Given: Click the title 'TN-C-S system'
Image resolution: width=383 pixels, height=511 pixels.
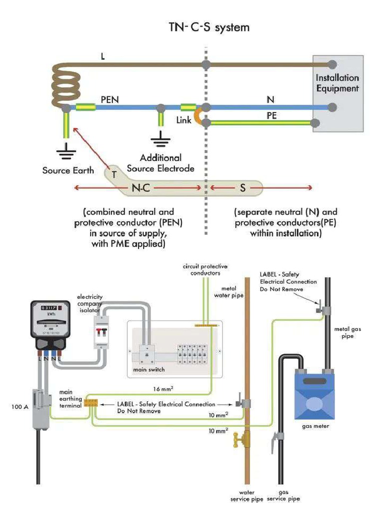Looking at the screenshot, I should click(x=209, y=27).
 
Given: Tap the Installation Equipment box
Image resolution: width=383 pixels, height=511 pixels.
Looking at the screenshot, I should click(x=338, y=93).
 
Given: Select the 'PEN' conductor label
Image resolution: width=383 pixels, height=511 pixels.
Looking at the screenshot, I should click(x=110, y=100).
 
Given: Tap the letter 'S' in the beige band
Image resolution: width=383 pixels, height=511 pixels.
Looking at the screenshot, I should click(x=242, y=188).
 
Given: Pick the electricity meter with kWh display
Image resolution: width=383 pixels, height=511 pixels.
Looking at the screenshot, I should click(x=50, y=323).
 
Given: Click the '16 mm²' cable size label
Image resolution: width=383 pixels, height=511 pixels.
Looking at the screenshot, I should click(x=163, y=388).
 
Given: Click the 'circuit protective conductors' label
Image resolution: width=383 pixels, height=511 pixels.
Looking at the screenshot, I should click(x=201, y=269).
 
